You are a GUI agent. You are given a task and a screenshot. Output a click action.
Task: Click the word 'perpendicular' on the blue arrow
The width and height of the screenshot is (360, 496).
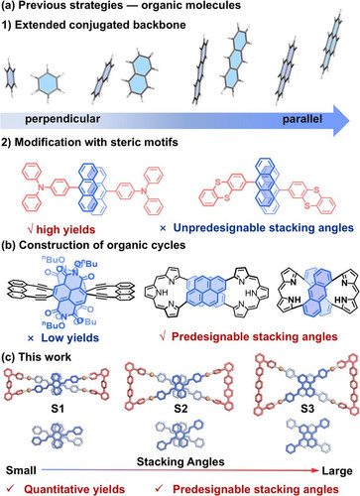click(x=62, y=119)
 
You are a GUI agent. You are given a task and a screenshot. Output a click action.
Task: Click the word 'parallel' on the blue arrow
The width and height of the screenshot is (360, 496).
click(x=302, y=119)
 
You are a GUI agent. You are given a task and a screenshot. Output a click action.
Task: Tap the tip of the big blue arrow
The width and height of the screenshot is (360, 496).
click(x=349, y=120)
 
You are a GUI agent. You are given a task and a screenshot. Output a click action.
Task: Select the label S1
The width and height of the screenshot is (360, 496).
click(x=58, y=409)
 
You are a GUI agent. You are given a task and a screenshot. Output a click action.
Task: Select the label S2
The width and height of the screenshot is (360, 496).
click(x=180, y=409)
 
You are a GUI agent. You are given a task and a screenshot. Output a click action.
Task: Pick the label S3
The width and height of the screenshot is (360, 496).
click(x=307, y=409)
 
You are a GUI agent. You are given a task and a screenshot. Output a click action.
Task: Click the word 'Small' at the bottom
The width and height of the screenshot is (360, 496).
click(x=21, y=470)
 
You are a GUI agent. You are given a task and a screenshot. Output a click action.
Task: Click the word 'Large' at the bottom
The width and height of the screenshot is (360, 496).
click(x=337, y=470)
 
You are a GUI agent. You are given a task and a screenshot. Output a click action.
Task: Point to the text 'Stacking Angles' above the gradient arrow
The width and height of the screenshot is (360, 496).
click(x=180, y=462)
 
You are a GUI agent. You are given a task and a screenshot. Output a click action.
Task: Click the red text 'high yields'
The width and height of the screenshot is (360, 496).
click(x=65, y=229)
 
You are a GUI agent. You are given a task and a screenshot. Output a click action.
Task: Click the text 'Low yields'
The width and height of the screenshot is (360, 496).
click(x=70, y=338)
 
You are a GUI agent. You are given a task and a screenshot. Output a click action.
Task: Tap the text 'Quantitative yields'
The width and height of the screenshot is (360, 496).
click(x=74, y=489)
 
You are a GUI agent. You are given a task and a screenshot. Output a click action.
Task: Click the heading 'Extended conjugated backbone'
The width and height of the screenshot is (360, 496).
click(x=100, y=25)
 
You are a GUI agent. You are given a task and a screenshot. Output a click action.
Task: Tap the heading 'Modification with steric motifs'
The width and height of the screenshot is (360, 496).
click(x=96, y=142)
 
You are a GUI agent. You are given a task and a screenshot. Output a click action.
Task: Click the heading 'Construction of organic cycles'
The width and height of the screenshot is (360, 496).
click(x=102, y=245)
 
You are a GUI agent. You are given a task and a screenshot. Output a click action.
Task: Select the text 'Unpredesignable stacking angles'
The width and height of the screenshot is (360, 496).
click(x=264, y=228)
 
